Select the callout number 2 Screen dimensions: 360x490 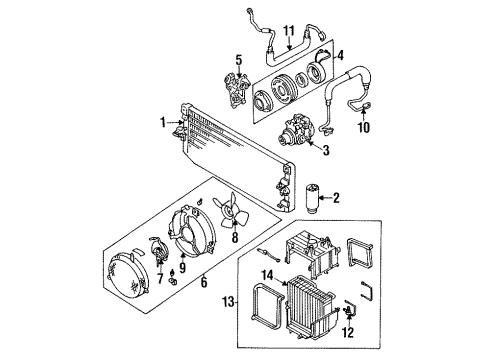(337, 198)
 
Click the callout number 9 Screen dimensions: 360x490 (182, 266)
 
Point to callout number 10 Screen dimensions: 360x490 (363, 127)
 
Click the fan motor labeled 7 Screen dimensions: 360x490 (157, 248)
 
